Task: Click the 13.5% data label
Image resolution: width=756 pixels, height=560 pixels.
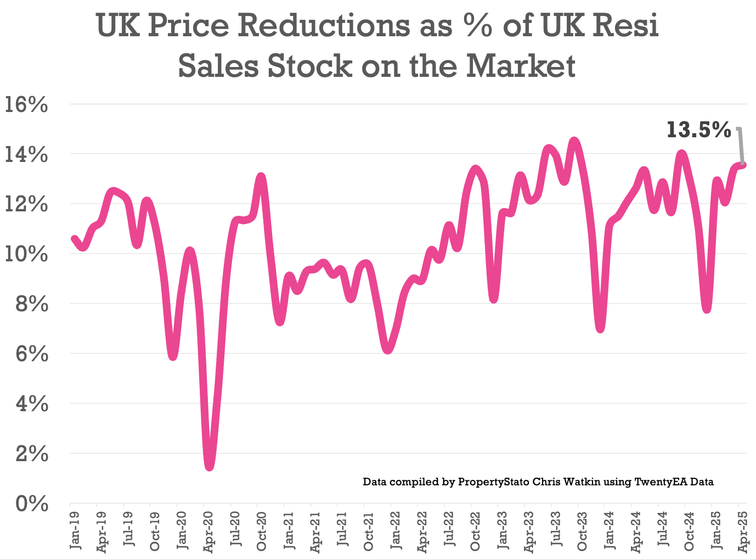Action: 698,130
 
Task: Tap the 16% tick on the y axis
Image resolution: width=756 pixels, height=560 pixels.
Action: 26,104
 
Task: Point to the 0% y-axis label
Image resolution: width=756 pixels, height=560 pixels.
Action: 31,503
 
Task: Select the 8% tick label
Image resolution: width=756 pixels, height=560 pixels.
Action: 31,304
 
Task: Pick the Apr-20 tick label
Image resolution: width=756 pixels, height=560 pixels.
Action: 208,531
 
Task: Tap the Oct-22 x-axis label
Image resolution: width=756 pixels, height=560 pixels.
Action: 475,531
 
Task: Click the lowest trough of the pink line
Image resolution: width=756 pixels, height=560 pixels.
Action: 210,466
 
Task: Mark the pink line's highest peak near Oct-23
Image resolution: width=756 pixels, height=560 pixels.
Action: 574,142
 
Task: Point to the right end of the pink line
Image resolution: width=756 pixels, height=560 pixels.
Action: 743,164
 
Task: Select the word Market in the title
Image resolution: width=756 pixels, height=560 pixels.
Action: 521,66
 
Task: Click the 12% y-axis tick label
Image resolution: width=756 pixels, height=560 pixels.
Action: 26,204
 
